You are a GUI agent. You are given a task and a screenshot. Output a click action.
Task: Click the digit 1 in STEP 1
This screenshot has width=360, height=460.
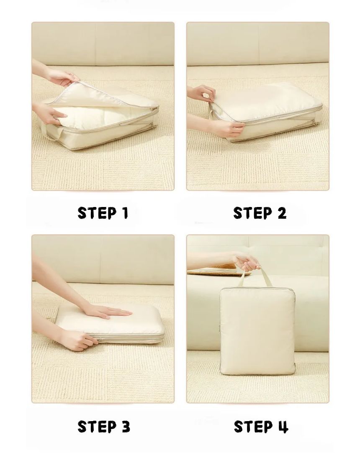tap(126, 213)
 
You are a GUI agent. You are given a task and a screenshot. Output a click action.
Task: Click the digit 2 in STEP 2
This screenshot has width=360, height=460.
tap(282, 213)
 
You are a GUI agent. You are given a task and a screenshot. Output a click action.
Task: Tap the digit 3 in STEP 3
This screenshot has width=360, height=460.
tap(126, 427)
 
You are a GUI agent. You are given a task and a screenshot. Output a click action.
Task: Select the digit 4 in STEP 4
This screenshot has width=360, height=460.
tap(283, 427)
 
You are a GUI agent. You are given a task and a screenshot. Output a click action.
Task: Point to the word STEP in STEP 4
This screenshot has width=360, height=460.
tap(253, 427)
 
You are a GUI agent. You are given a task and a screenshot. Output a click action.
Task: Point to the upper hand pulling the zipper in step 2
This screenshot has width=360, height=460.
tap(203, 92)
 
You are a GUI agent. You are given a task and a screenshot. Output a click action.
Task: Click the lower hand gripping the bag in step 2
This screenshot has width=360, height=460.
tap(223, 128)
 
